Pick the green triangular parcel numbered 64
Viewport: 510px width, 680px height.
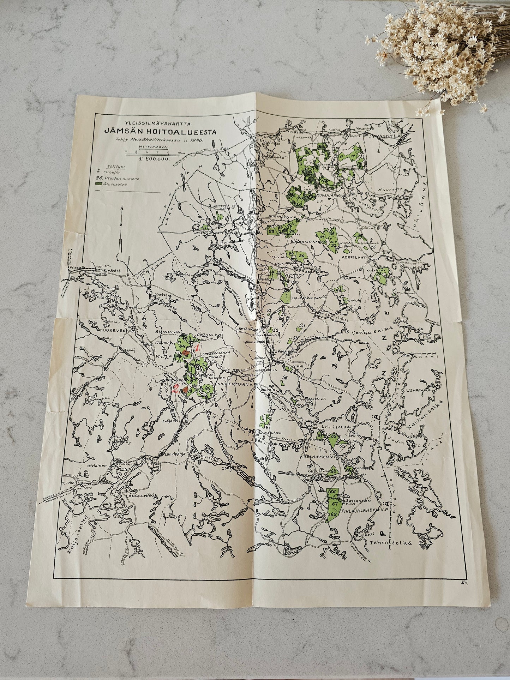[332, 471]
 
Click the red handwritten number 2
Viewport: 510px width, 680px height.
[175, 390]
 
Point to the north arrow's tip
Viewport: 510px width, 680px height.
[121, 208]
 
